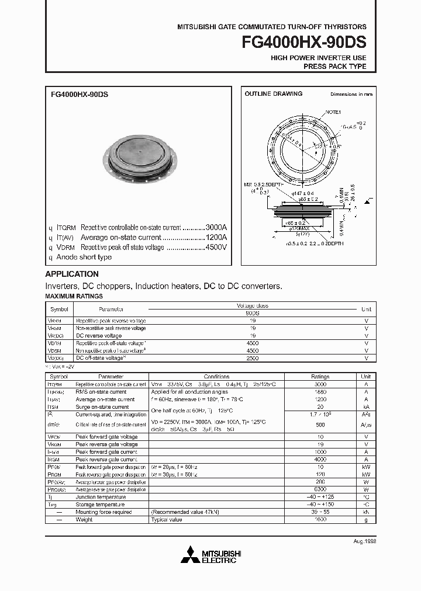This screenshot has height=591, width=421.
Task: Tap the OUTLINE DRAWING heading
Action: pyautogui.click(x=273, y=94)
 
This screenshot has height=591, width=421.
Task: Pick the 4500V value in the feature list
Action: pyautogui.click(x=216, y=248)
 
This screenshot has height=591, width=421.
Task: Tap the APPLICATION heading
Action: pyautogui.click(x=72, y=274)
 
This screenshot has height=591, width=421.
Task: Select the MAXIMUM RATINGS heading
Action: pyautogui.click(x=74, y=297)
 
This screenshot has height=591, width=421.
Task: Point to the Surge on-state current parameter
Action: pyautogui.click(x=102, y=407)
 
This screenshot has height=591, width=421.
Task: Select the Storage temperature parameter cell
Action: pyautogui.click(x=100, y=505)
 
